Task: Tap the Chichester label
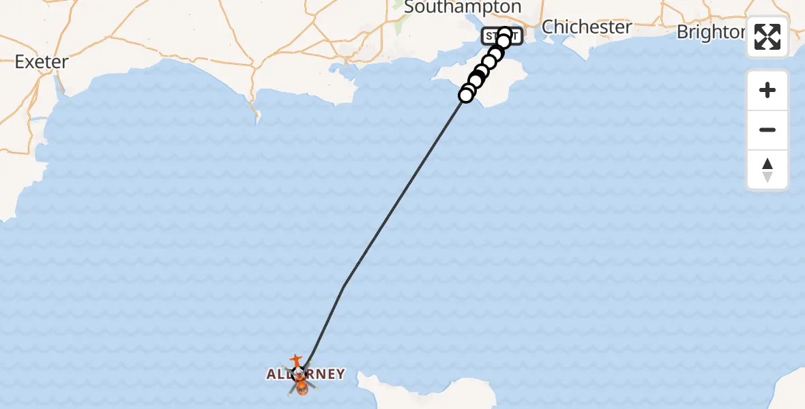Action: pos(587,27)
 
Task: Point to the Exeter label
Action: pos(42,62)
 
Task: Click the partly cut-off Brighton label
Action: pos(710,32)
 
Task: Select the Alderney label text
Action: pos(305,374)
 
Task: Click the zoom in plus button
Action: pos(767,90)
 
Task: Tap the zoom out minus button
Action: pos(767,130)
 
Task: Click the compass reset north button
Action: pos(767,170)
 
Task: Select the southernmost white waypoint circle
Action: pos(466,95)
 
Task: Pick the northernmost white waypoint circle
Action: pos(505,33)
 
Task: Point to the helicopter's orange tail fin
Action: pos(295,358)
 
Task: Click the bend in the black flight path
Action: pos(344,286)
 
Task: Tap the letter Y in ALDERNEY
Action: pos(340,374)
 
